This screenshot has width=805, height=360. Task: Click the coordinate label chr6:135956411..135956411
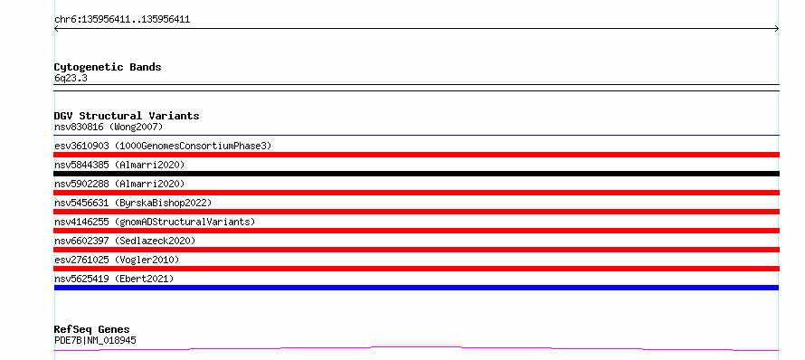[122, 20]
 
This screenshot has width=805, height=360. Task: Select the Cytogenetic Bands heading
[108, 67]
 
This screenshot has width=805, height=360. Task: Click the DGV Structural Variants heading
[127, 116]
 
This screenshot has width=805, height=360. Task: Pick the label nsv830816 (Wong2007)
[109, 127]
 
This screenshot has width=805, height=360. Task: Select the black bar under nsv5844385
[417, 174]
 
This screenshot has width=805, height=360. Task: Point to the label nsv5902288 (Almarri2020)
[119, 184]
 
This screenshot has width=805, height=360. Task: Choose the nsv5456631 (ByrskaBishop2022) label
[133, 203]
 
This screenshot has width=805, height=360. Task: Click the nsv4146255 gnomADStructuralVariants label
[155, 222]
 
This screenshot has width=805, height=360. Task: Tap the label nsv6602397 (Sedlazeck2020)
[125, 241]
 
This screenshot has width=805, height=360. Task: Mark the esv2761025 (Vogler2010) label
[117, 260]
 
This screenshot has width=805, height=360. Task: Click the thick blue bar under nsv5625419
[417, 288]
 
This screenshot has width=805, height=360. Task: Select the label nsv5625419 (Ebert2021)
[114, 279]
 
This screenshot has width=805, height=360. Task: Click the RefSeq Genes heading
[92, 329]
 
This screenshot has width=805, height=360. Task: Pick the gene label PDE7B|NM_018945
[95, 340]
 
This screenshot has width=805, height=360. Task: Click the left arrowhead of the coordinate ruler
[55, 29]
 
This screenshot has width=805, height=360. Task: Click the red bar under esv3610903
[417, 155]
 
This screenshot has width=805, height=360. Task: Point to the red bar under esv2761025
[417, 269]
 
